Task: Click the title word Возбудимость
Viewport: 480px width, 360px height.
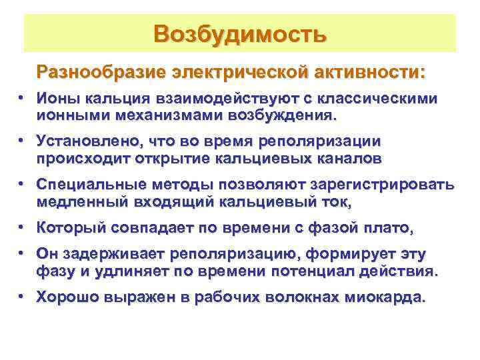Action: tap(240, 33)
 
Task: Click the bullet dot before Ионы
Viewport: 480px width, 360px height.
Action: tap(22, 98)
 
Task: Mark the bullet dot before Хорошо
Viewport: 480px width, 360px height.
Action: tap(22, 297)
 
